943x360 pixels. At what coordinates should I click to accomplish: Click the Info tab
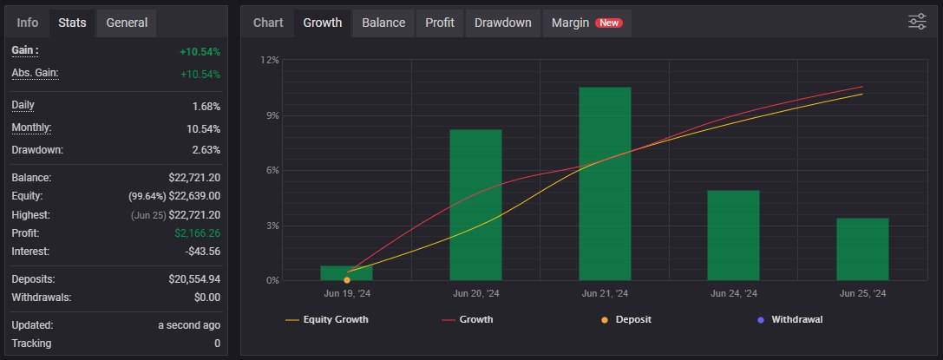(x=27, y=23)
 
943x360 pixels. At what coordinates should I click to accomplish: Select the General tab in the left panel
(x=127, y=23)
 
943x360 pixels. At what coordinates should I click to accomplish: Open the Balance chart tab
(x=383, y=23)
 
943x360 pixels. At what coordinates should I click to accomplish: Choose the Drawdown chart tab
(x=503, y=23)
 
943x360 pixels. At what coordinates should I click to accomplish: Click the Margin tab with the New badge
(x=586, y=23)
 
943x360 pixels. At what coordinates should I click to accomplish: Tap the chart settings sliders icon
(x=917, y=23)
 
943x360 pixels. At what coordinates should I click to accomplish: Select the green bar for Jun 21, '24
(x=605, y=184)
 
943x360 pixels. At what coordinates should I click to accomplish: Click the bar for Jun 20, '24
(x=475, y=205)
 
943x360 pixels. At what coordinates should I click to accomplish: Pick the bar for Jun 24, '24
(x=734, y=235)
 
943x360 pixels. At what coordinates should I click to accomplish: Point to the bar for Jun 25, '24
(x=862, y=249)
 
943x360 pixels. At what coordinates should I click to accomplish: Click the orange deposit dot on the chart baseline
(x=347, y=280)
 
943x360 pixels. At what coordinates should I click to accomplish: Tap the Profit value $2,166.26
(x=198, y=233)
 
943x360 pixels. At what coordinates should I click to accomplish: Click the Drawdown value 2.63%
(x=206, y=150)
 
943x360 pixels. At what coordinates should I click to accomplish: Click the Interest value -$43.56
(x=203, y=252)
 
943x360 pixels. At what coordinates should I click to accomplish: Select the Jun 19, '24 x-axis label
(x=346, y=293)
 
